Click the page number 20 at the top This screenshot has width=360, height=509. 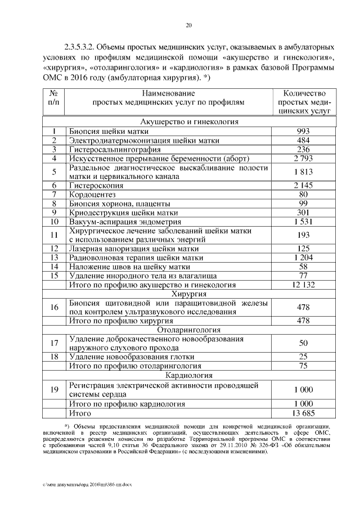tap(188, 25)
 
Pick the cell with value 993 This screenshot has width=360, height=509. tap(304, 131)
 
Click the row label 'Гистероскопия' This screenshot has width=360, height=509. tap(96, 185)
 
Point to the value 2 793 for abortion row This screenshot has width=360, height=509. tap(304, 159)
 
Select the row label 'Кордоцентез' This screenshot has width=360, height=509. tap(93, 194)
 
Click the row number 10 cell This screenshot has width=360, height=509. tap(55, 222)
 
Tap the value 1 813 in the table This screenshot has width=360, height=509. tap(304, 172)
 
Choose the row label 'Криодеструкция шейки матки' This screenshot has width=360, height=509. tap(123, 213)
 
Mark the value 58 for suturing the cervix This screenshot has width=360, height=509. tap(304, 267)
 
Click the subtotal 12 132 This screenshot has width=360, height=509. tap(304, 285)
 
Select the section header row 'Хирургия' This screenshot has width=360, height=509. tap(188, 294)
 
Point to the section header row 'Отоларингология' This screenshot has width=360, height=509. tap(188, 330)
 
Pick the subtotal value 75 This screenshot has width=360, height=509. tap(304, 366)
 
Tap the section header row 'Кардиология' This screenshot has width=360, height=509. tap(188, 375)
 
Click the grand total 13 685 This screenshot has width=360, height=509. tap(304, 414)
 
